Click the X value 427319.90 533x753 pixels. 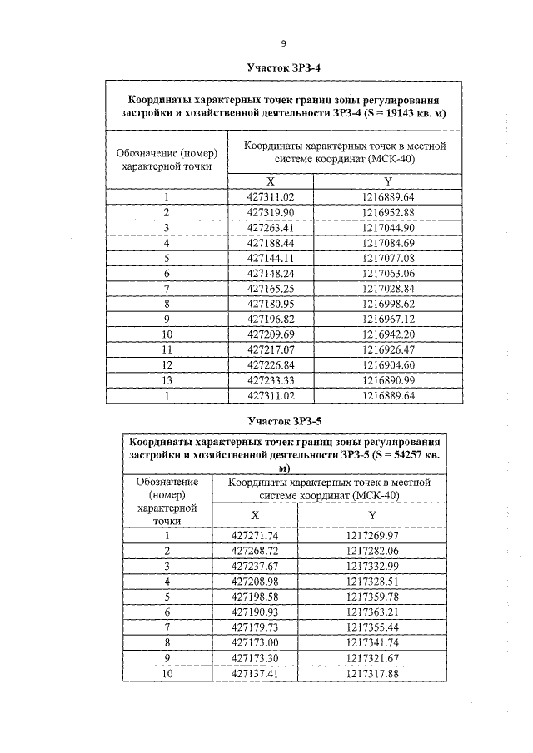pos(271,212)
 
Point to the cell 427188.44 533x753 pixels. pos(271,243)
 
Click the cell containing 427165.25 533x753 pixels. pos(271,289)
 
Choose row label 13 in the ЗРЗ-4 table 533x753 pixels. pos(167,380)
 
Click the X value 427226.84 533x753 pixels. pos(271,365)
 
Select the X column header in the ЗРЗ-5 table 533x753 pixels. pos(255,515)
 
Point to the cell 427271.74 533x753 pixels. pos(255,536)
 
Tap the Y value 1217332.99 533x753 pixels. pos(372,566)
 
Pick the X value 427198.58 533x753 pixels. pos(255,597)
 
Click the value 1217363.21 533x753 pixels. pos(372,612)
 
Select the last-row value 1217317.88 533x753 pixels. pos(372,673)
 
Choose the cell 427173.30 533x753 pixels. pos(255,657)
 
